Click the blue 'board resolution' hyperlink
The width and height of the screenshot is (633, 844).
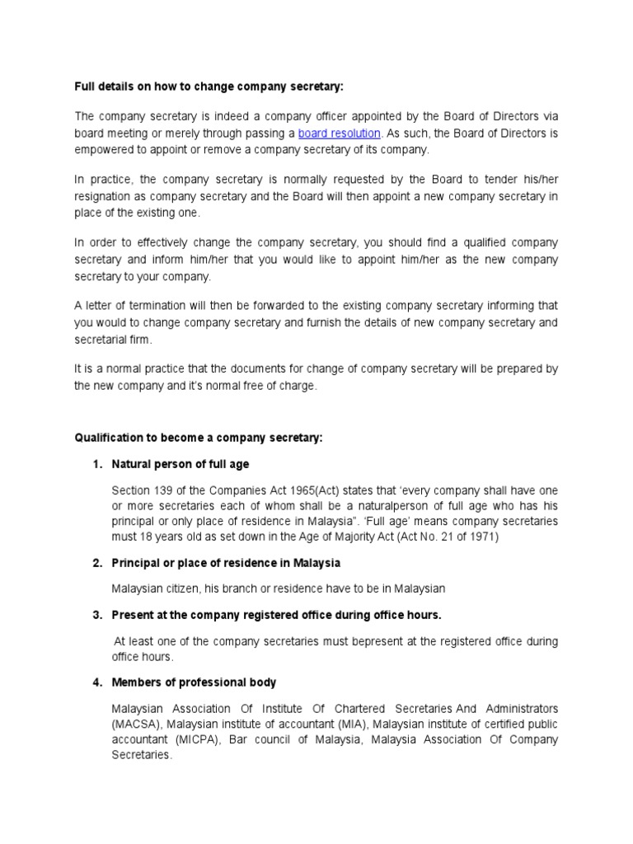pos(339,133)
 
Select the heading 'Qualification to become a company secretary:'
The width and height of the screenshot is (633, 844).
pos(198,438)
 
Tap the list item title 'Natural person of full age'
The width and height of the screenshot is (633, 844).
pos(181,464)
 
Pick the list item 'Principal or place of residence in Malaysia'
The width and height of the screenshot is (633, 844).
pos(227,562)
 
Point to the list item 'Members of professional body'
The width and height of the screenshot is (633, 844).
pos(195,682)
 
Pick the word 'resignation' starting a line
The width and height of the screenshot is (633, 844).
pos(103,197)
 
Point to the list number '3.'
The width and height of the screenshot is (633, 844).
pos(96,615)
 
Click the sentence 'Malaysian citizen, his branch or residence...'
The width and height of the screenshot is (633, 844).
pos(279,588)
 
